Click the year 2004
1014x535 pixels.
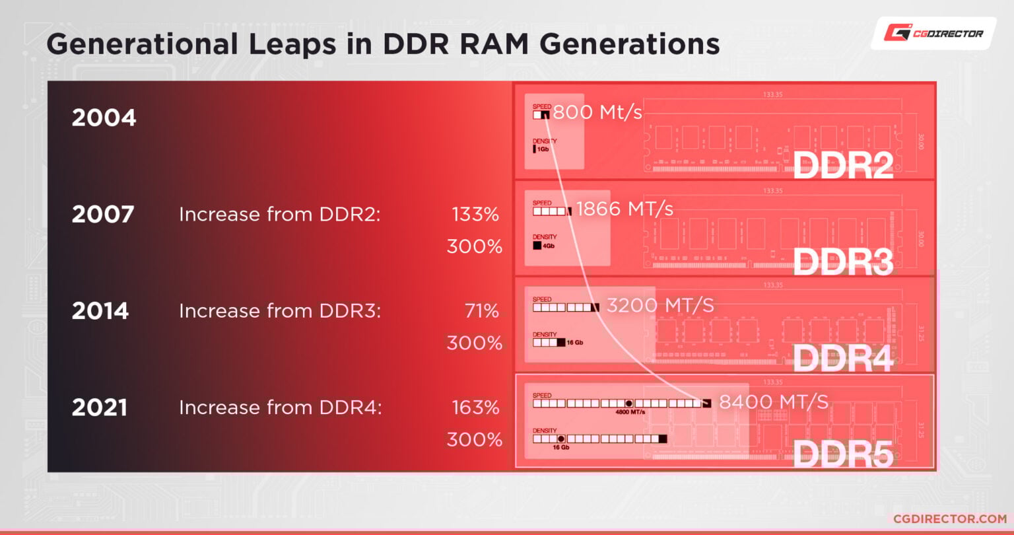[x=104, y=118]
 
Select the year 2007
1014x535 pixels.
[x=103, y=215]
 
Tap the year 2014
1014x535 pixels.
[x=100, y=311]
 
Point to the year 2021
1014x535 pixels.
[x=100, y=408]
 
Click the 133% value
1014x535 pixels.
[x=475, y=215]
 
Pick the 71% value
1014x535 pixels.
[x=481, y=311]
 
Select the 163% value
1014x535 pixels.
[x=475, y=408]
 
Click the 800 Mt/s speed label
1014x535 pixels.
[x=597, y=113]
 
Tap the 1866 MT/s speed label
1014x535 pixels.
[x=625, y=209]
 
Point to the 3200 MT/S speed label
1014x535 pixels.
[x=660, y=306]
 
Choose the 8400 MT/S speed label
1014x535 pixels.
[x=773, y=402]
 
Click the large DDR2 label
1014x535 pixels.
[x=842, y=166]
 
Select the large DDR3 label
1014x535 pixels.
[x=842, y=262]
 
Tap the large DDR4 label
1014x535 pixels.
[x=842, y=358]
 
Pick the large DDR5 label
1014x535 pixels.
[x=842, y=454]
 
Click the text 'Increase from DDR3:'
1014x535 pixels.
[x=280, y=311]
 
